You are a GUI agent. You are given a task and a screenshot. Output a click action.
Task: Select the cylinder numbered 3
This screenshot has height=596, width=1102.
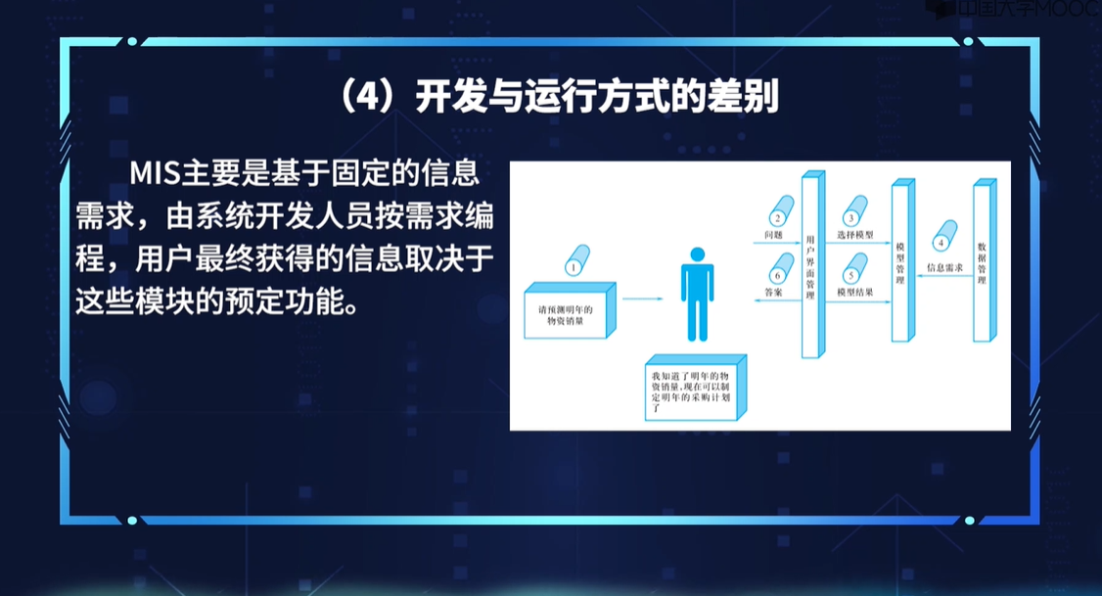click(x=854, y=217)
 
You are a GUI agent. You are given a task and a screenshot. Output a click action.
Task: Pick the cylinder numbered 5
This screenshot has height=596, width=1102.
click(x=854, y=268)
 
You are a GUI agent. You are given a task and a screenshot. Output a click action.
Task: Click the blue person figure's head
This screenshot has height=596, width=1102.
click(x=697, y=255)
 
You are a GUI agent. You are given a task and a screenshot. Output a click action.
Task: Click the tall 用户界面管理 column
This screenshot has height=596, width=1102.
click(x=810, y=266)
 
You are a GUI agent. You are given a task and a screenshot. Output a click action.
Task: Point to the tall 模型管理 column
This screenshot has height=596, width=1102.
click(x=900, y=262)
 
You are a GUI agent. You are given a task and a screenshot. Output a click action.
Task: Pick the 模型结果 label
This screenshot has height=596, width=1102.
click(x=855, y=292)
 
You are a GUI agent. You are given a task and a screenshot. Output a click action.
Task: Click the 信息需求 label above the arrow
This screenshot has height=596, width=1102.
click(x=945, y=266)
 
